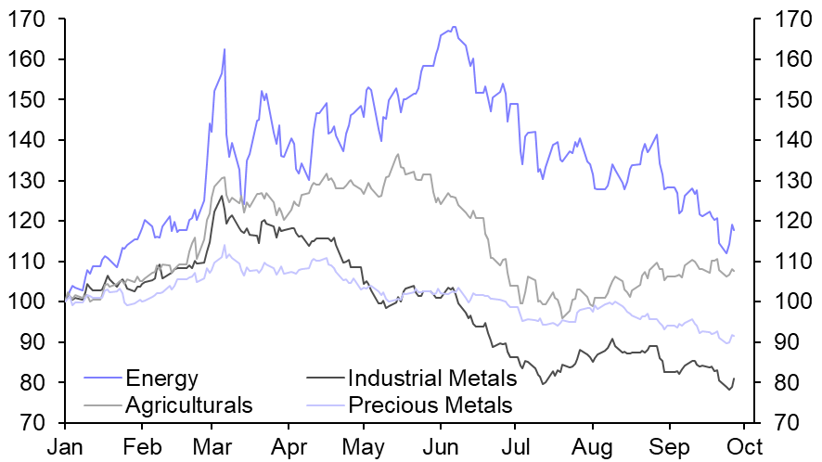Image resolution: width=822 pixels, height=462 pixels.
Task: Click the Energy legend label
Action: point(162,379)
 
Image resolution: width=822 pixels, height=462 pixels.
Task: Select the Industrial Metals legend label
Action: point(431,379)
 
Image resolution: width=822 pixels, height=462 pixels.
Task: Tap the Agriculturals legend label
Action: point(189,405)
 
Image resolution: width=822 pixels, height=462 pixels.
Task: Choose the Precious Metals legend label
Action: point(430,405)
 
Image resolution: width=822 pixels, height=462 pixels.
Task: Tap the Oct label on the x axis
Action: point(741,447)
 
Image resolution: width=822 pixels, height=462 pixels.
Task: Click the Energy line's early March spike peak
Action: point(225,49)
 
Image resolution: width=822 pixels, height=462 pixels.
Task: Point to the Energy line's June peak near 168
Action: point(454,28)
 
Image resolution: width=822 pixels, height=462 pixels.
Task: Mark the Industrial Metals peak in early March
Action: point(221,196)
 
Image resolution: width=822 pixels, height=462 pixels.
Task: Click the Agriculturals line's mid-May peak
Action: point(398,154)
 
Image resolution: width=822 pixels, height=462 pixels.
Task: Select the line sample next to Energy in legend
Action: point(103,379)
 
